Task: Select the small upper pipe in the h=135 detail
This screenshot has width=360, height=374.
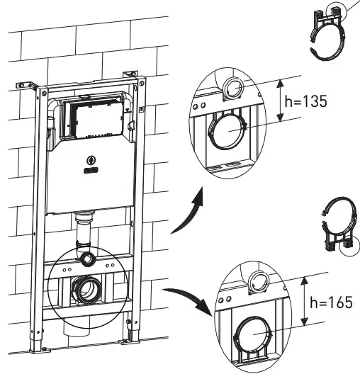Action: coord(233,89)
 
